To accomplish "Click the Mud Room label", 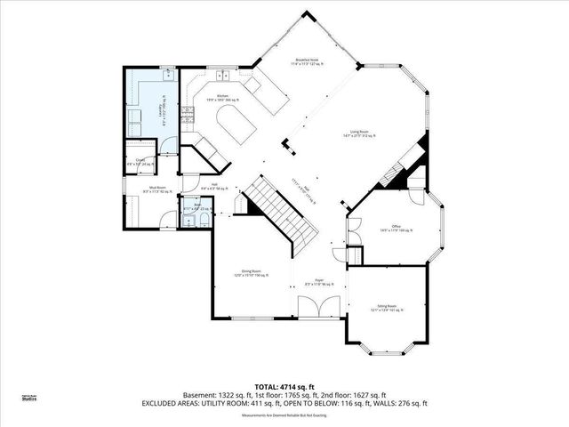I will pyautogui.click(x=159, y=189).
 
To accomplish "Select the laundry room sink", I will pyautogui.click(x=168, y=77).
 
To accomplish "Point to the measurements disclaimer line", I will pyautogui.click(x=284, y=415).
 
